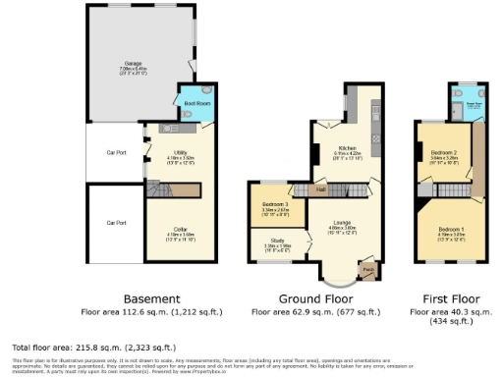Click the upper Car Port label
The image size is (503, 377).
pos(116,153)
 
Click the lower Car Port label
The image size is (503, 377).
pos(116,223)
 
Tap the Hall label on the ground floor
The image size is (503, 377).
pos(321,188)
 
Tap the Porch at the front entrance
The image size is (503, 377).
pos(367,268)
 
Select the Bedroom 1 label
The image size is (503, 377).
pos(451,233)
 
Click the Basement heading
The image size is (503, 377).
pos(151,298)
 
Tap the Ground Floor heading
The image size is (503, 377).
pos(317,298)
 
